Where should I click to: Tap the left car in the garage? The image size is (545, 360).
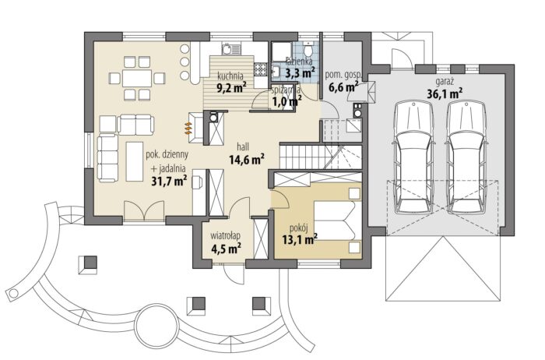click(x=413, y=157)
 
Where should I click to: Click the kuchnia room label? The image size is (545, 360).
click(x=230, y=76)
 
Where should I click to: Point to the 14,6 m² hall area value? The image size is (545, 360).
click(x=247, y=160)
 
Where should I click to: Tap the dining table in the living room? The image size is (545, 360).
click(x=137, y=78)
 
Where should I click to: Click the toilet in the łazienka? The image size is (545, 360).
click(x=308, y=50)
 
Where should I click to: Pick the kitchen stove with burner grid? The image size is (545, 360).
click(x=259, y=69)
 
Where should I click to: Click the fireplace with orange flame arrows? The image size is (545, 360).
click(x=195, y=128)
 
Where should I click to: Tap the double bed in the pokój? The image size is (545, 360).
click(x=335, y=221)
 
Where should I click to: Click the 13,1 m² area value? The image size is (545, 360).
click(x=300, y=239)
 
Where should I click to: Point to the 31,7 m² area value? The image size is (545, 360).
click(x=169, y=182)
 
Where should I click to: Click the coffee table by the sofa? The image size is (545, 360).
click(x=135, y=161)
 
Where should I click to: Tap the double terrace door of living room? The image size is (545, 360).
click(x=144, y=210)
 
